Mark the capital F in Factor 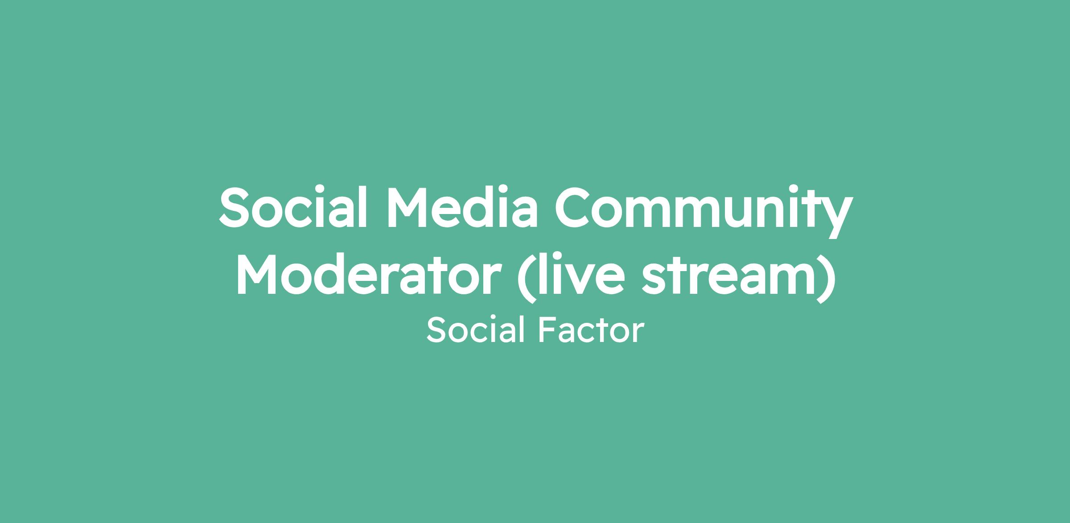click(x=547, y=330)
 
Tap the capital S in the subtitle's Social click(x=436, y=330)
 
